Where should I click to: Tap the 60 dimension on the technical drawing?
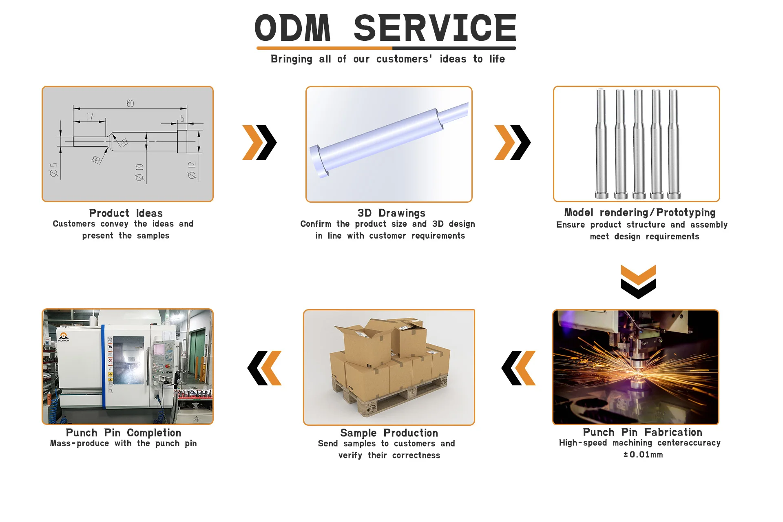point(130,104)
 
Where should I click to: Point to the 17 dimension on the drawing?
point(90,117)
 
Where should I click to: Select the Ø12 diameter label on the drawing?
point(192,170)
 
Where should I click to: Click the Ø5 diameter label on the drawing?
point(54,170)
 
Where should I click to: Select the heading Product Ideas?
point(126,213)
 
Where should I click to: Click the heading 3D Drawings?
point(391,213)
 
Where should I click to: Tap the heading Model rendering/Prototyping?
point(639,213)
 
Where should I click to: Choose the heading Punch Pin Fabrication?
point(642,432)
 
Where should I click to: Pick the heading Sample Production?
point(389,433)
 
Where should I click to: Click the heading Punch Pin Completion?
point(124,433)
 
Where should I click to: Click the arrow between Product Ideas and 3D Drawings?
point(259,142)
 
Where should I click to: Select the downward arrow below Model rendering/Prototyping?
point(638,281)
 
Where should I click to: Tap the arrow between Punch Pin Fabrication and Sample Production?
point(518,368)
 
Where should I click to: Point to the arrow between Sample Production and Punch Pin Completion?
point(264,368)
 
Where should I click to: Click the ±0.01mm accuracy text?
point(643,455)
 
